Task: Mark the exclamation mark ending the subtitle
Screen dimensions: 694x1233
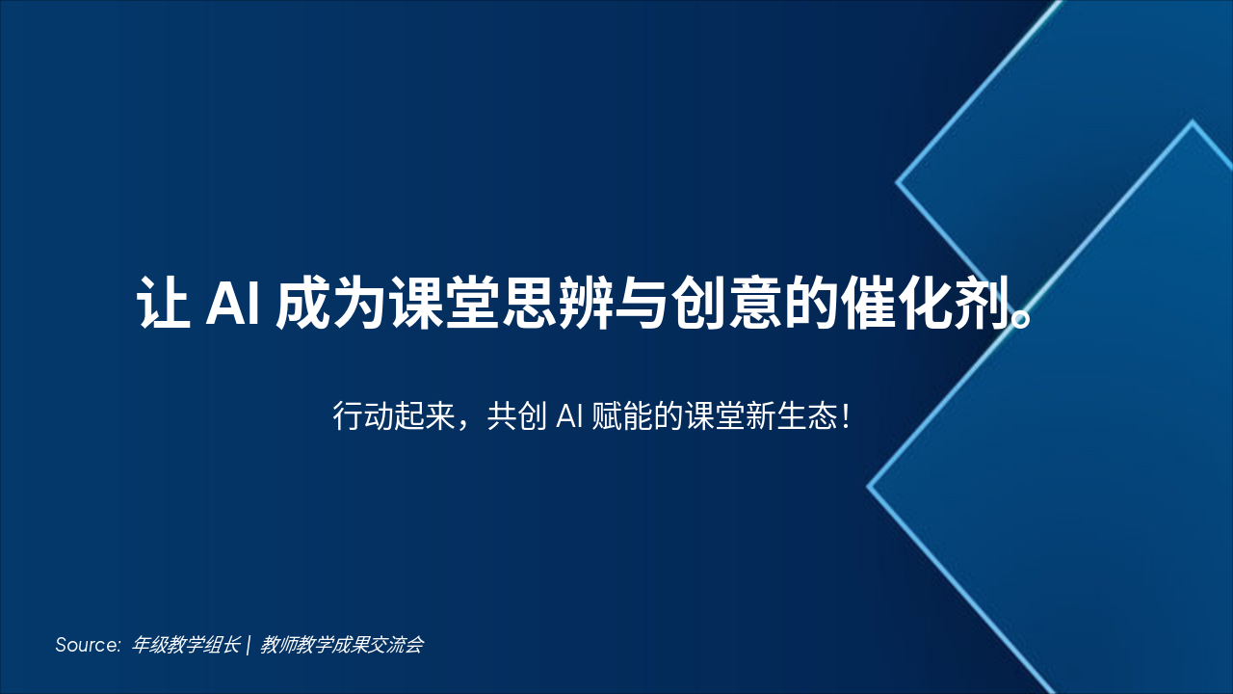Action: pos(845,418)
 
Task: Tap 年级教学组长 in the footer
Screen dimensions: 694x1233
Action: pos(186,645)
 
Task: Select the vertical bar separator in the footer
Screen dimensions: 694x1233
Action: pos(249,645)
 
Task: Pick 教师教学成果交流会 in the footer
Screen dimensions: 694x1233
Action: pos(342,645)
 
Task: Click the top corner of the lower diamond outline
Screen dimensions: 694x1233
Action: pos(1193,122)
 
